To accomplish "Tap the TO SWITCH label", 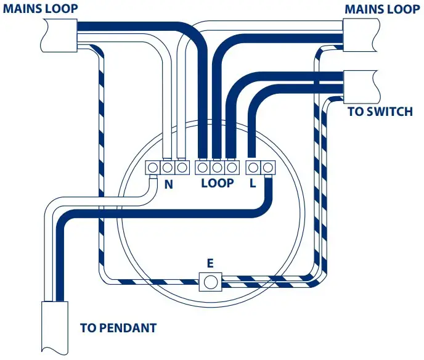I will pos(380,112).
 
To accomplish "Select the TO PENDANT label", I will pos(118,327).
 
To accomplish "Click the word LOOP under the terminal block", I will pos(218,183).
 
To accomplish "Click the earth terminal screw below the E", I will pos(210,282).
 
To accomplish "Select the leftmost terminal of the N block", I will pos(153,167).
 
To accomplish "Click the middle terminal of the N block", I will pos(167,167).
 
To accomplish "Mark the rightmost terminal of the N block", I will pos(181,167).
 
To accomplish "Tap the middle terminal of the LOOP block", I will pos(217,167).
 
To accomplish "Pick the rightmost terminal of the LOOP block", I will pos(231,167).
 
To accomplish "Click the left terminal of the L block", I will pos(253,167).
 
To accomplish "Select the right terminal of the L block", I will pos(267,167).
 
